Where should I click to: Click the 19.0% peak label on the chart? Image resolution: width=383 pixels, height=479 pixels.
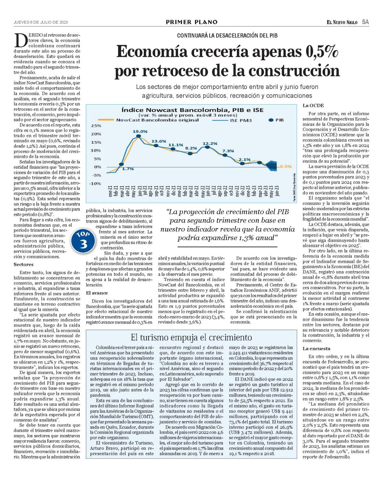pos(140,131)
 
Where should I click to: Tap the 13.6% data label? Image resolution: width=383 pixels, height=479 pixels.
pos(158,141)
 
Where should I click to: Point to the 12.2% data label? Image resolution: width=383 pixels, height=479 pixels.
pos(210,143)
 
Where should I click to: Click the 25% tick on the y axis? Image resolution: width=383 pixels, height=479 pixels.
pos(96,126)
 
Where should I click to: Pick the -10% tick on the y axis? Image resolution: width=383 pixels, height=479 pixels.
pos(95,184)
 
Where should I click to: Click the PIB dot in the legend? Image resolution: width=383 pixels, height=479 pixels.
pos(271,120)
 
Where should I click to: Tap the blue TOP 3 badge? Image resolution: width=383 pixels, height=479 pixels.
pos(83,241)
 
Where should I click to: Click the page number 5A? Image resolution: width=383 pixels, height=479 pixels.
pos(365,22)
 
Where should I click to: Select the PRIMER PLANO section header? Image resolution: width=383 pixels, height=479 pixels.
pos(191,22)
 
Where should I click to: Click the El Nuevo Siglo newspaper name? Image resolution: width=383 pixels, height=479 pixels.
pos(342,22)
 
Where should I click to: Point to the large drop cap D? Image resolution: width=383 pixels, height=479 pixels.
pos(21,40)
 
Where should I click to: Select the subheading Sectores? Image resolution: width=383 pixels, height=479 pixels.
pos(23,264)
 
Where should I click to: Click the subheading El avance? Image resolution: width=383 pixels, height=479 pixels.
pos(97,293)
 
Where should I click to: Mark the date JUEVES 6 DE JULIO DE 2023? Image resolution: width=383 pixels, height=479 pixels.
pos(41,22)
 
